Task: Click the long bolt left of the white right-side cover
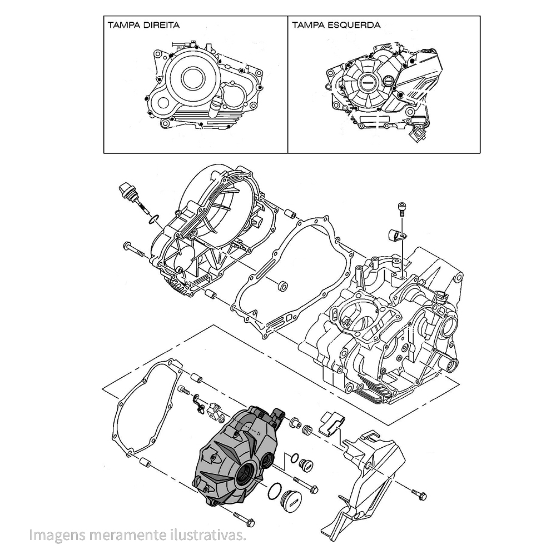[134, 249]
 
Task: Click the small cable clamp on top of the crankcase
[397, 234]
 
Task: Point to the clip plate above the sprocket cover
[332, 424]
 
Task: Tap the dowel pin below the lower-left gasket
[146, 461]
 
